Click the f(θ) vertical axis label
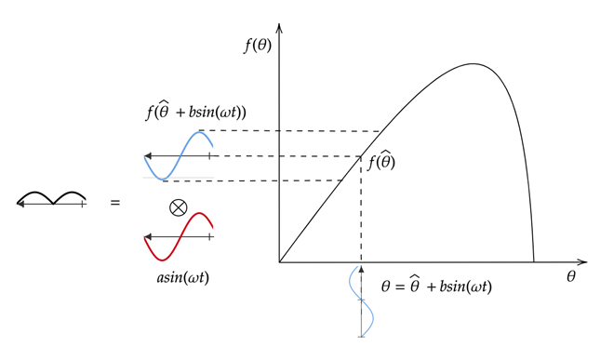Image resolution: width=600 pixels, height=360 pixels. [258, 44]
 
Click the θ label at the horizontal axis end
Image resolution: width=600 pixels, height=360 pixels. [570, 276]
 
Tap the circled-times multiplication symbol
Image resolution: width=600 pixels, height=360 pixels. [178, 207]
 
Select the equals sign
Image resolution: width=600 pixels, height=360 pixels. [115, 200]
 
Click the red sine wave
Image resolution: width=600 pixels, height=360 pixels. [191, 229]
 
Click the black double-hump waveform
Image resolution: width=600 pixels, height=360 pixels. [52, 197]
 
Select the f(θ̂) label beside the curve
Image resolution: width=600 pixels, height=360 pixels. [382, 164]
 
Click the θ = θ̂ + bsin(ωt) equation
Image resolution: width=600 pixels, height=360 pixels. [436, 287]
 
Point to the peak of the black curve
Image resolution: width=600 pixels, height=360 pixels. [473, 64]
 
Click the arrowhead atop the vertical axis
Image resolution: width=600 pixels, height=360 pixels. [279, 29]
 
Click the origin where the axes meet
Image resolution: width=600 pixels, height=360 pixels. [279, 262]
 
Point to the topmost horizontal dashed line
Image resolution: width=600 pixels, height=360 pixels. [298, 131]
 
